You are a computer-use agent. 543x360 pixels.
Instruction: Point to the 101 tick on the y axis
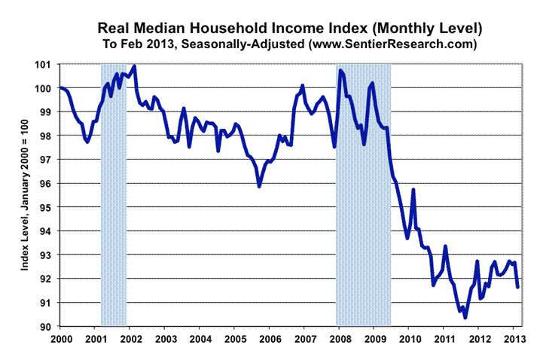48,64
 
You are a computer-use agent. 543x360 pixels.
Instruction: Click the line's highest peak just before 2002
134,66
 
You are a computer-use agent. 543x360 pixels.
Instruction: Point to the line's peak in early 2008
340,70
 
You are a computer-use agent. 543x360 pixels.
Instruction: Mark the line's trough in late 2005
259,185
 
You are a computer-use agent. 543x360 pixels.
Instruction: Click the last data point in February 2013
517,287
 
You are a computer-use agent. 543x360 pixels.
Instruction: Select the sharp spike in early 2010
413,190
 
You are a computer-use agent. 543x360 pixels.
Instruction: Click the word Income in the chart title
303,29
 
